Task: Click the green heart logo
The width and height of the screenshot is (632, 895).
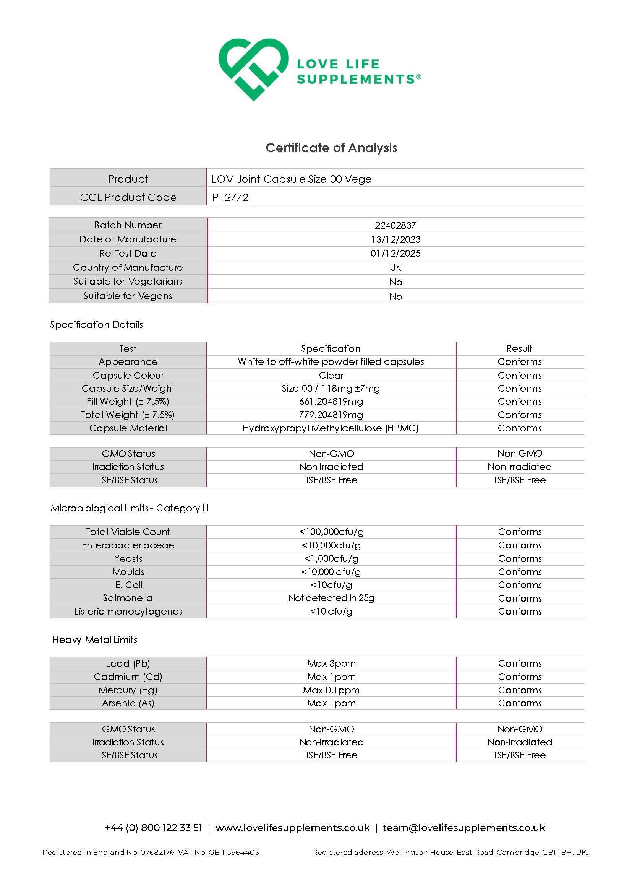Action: [253, 69]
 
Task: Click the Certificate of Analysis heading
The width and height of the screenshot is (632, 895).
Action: [331, 148]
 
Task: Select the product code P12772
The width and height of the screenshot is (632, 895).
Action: [230, 197]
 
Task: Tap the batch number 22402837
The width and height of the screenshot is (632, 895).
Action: [395, 225]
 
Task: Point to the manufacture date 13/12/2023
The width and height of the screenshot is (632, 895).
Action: [395, 239]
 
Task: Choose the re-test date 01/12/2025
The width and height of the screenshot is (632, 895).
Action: [395, 253]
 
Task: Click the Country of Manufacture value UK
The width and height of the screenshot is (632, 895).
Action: [395, 267]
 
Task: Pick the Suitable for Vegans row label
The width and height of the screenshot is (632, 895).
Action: [128, 296]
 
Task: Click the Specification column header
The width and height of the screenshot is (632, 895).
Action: [331, 348]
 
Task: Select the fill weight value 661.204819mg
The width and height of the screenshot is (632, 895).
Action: [331, 401]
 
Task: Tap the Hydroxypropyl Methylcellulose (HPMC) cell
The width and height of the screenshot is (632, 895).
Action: [331, 428]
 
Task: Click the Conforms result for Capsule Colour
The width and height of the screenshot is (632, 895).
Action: [519, 375]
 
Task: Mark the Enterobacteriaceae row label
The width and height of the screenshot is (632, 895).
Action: [128, 545]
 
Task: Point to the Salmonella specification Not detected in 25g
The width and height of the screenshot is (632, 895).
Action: [331, 598]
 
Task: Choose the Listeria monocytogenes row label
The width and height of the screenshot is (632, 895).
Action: [128, 611]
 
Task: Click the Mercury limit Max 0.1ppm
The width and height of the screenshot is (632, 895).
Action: [331, 690]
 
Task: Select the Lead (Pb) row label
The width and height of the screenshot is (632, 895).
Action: [128, 663]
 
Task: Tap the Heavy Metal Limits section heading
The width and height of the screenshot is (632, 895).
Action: [95, 640]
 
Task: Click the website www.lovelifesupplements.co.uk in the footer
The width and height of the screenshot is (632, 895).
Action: [292, 828]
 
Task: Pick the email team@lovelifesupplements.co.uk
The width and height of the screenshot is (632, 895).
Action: [464, 828]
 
